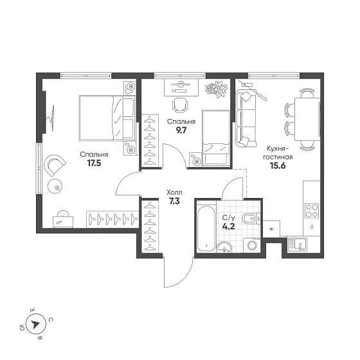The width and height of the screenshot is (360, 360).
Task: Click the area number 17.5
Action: tap(94, 163)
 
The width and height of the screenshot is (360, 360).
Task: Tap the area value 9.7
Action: tap(181, 130)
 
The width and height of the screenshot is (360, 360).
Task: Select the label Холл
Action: tap(174, 192)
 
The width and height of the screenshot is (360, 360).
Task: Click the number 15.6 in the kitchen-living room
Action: tap(278, 166)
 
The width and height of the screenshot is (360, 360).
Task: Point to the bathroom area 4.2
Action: tap(228, 226)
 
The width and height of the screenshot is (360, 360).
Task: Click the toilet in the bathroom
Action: tap(251, 219)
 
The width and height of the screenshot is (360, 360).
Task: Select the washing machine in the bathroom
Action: tap(252, 245)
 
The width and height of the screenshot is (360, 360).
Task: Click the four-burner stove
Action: tap(312, 211)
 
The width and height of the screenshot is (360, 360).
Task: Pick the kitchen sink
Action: tap(298, 244)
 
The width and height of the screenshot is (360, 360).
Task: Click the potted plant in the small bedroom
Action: tap(217, 89)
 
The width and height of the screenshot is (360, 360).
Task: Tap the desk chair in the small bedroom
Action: tap(180, 105)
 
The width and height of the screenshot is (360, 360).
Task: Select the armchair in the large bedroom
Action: tap(55, 164)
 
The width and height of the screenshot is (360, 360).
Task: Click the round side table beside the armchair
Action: tap(55, 186)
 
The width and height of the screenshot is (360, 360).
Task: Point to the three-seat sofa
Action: tap(246, 118)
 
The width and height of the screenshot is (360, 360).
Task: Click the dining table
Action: tap(307, 119)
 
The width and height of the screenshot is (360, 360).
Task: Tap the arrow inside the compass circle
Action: tap(35, 325)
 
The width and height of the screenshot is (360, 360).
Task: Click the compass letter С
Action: tap(51, 320)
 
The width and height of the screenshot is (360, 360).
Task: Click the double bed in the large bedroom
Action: tap(107, 118)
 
